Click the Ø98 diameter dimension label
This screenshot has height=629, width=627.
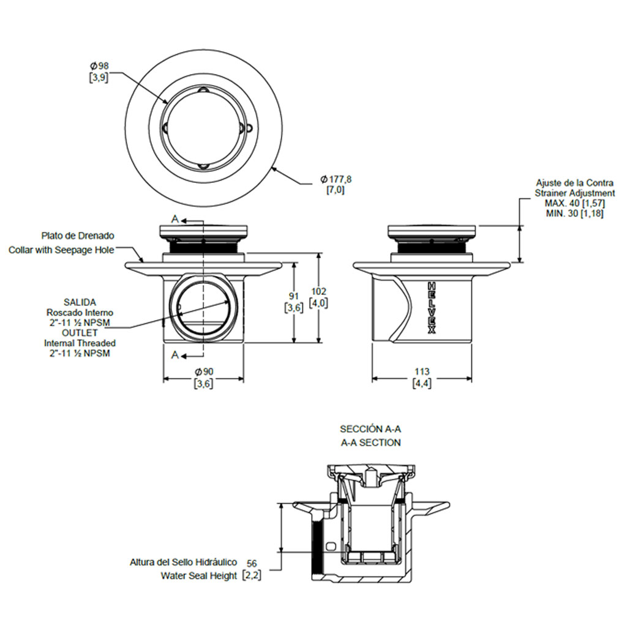click(99, 66)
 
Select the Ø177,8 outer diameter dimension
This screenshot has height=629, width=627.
click(336, 179)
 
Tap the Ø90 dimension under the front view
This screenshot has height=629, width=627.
click(203, 372)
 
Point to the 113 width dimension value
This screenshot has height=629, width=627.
click(422, 372)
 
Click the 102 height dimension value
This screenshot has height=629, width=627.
click(319, 291)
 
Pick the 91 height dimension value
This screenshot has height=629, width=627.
click(295, 297)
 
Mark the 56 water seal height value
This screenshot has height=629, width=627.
click(251, 564)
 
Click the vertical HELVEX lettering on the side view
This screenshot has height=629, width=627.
click(431, 308)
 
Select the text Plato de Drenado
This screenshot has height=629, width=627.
click(78, 235)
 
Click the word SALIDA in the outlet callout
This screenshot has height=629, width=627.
click(79, 302)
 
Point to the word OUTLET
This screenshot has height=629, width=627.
click(80, 333)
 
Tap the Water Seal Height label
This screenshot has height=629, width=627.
click(199, 576)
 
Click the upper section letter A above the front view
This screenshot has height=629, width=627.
click(175, 220)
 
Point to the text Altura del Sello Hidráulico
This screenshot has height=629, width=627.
click(183, 562)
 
